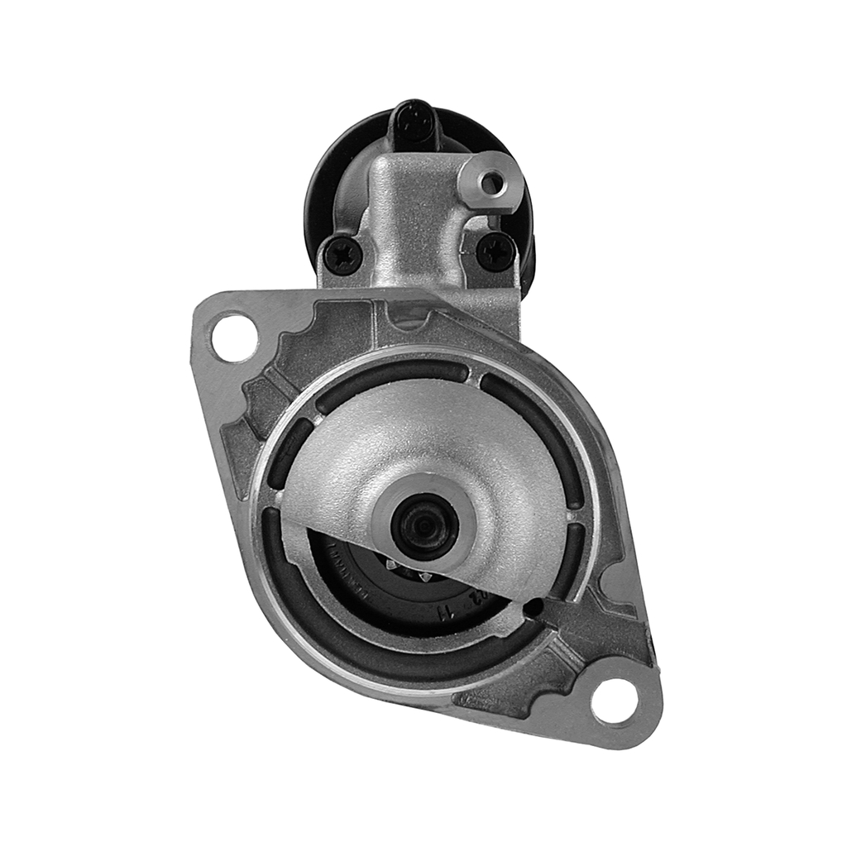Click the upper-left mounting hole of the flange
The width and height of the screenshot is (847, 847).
coord(234,337)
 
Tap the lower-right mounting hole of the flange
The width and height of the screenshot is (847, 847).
coord(614,701)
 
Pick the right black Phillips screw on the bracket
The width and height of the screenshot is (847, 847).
coord(497,250)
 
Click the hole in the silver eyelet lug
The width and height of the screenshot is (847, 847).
coord(494,184)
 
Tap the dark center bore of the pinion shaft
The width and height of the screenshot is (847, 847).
coord(426,527)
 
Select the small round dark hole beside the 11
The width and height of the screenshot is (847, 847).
coord(534,608)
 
